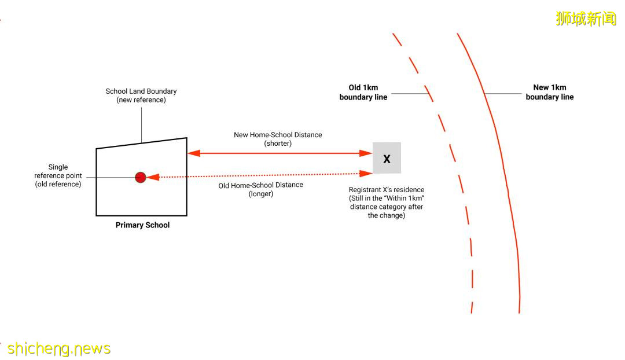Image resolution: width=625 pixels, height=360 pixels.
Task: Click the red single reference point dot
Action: point(140,177)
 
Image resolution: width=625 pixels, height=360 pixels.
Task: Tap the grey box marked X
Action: point(387,158)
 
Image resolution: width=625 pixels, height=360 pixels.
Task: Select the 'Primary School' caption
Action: point(142,225)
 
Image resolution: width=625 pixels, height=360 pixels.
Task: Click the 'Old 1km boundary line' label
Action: point(363,93)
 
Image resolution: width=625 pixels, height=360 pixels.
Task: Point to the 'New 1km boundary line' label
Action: point(549,93)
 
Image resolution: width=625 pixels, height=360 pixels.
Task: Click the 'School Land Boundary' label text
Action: point(141,95)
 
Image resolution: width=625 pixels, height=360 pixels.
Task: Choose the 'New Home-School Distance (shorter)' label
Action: point(278,139)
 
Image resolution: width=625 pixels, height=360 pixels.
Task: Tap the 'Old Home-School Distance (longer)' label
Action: point(260,189)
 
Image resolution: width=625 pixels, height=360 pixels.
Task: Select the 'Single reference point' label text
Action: point(58,176)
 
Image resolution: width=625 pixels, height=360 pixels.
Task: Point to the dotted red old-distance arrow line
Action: point(260,175)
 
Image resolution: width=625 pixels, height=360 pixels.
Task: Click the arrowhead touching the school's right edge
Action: point(194,153)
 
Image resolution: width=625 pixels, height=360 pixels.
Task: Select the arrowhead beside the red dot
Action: point(153,177)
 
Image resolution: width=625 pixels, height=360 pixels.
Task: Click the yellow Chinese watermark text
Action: point(586,19)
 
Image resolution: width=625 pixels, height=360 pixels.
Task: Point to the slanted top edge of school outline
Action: point(141,143)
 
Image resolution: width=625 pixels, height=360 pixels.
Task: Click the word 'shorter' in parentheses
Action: point(278,144)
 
